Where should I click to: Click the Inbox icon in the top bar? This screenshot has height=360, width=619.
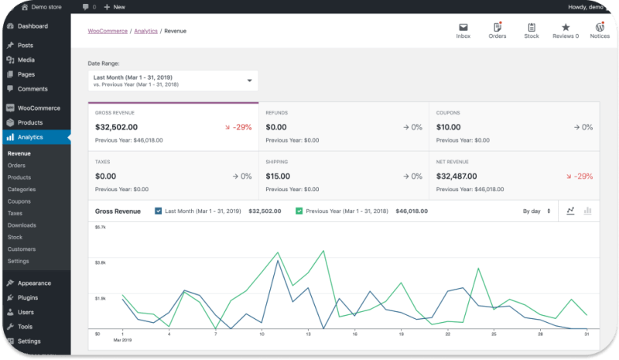pyautogui.click(x=463, y=27)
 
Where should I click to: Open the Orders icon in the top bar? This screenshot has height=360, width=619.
pyautogui.click(x=498, y=27)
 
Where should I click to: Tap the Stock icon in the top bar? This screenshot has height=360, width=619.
pyautogui.click(x=532, y=27)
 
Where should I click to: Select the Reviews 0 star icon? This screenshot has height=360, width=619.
pyautogui.click(x=566, y=27)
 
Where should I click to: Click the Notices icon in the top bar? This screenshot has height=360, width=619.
pyautogui.click(x=600, y=27)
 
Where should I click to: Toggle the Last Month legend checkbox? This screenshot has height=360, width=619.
pyautogui.click(x=159, y=211)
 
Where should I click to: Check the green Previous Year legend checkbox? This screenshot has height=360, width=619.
pyautogui.click(x=299, y=211)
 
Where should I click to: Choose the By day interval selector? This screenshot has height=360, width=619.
pyautogui.click(x=536, y=211)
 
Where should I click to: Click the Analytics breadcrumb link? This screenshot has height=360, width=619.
pyautogui.click(x=145, y=31)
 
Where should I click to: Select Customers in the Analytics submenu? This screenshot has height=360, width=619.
pyautogui.click(x=22, y=249)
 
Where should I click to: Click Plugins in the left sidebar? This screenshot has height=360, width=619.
pyautogui.click(x=28, y=297)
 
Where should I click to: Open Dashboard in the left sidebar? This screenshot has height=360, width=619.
pyautogui.click(x=32, y=26)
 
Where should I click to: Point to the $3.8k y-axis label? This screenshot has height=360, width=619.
pyautogui.click(x=100, y=262)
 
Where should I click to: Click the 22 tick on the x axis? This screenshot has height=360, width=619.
pyautogui.click(x=447, y=334)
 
